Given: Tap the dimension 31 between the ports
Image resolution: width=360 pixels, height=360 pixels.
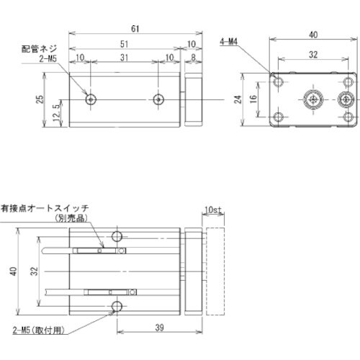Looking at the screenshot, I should tap(124, 58).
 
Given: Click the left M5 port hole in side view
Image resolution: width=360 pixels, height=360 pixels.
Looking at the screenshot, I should tap(90, 99).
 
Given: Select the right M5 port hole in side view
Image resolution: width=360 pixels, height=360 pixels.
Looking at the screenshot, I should tap(158, 99).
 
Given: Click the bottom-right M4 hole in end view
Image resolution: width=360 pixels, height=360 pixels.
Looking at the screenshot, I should tap(348, 116).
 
